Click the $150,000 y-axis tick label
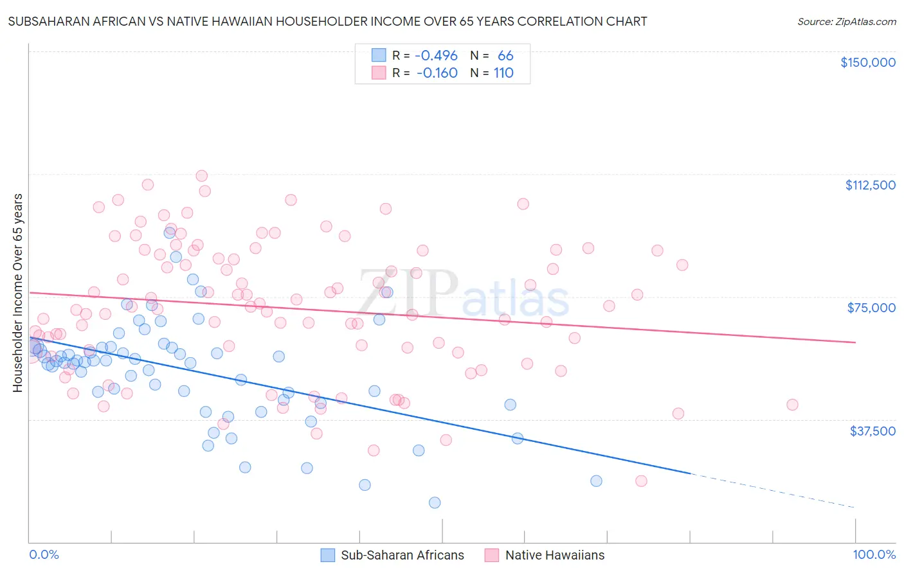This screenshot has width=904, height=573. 867,62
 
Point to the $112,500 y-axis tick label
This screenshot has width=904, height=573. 870,185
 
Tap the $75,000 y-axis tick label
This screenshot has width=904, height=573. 871,308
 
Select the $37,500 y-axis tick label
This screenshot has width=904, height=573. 872,431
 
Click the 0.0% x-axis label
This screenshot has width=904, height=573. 44,555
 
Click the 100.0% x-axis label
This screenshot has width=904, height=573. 874,555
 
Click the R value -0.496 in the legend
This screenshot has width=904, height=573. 436,56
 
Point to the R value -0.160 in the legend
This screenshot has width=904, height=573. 437,73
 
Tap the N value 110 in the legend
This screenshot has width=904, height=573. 503,73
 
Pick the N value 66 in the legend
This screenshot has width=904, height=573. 505,56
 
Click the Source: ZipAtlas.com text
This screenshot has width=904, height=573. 846,22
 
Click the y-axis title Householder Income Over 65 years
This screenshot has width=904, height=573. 18,293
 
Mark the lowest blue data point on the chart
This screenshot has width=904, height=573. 435,502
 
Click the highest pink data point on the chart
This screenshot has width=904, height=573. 201,176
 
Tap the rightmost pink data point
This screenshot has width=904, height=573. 792,405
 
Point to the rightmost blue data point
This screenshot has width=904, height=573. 596,481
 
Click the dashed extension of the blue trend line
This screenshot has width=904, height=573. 772,490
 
